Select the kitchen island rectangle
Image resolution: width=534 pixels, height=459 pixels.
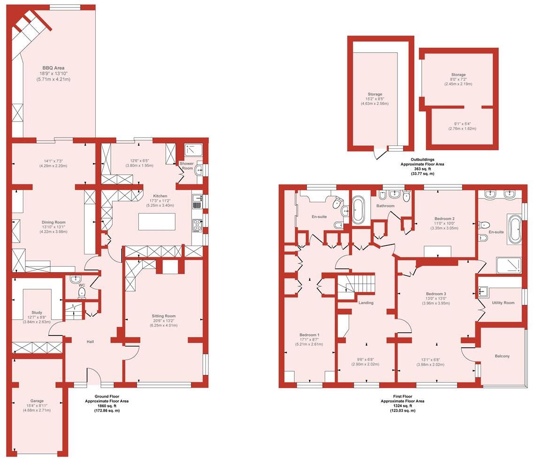click(157, 222)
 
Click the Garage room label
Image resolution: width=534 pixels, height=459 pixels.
click(37, 401)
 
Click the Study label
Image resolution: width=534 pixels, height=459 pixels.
click(37, 313)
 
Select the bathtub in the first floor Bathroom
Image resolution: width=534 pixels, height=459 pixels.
click(359, 210)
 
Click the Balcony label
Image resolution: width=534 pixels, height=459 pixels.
click(502, 356)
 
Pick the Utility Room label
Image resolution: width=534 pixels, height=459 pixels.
click(503, 303)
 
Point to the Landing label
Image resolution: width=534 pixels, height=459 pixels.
click(366, 303)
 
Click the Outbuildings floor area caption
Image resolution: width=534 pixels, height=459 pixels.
click(422, 164)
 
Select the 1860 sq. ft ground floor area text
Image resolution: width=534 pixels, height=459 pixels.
click(107, 406)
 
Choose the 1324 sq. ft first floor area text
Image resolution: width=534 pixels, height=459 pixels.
click(402, 406)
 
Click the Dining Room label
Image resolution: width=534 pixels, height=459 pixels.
click(53, 222)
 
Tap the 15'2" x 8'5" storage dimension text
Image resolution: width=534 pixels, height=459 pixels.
click(375, 99)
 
